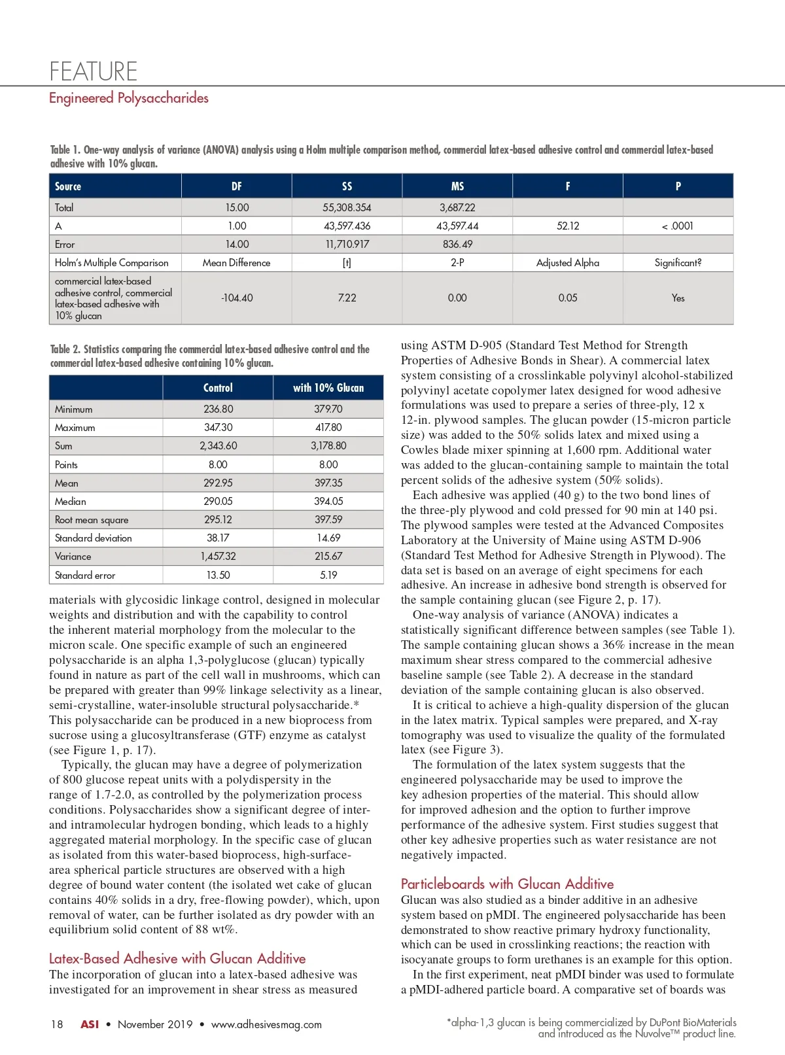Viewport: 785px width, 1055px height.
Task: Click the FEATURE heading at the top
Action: pyautogui.click(x=94, y=71)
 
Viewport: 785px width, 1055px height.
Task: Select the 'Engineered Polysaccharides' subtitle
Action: pyautogui.click(x=129, y=98)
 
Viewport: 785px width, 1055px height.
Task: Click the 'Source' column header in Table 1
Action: pyautogui.click(x=68, y=186)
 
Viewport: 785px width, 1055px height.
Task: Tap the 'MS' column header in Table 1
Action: pyautogui.click(x=457, y=186)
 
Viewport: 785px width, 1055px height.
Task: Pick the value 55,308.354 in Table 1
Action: pyautogui.click(x=347, y=207)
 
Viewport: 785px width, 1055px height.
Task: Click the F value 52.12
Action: pyautogui.click(x=568, y=226)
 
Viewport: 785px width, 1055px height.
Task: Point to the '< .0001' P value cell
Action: pyautogui.click(x=678, y=226)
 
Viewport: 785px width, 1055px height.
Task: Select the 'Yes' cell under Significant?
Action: pyautogui.click(x=678, y=298)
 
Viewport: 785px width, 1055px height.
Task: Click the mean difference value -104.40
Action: pyautogui.click(x=237, y=298)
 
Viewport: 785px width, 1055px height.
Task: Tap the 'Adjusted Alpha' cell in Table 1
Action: pyautogui.click(x=568, y=262)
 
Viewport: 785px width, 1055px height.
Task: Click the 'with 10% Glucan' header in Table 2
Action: pyautogui.click(x=328, y=388)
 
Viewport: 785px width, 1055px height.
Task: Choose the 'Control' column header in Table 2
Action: pyautogui.click(x=218, y=388)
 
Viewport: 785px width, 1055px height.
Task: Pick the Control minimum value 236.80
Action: pyautogui.click(x=218, y=409)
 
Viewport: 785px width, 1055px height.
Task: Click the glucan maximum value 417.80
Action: pyautogui.click(x=328, y=427)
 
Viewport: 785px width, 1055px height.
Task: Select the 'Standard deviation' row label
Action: pyautogui.click(x=94, y=538)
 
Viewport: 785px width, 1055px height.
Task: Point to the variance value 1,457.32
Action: pyautogui.click(x=218, y=556)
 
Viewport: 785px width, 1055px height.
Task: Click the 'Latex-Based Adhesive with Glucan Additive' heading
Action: pyautogui.click(x=177, y=958)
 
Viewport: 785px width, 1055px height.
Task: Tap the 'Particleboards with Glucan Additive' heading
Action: pyautogui.click(x=507, y=884)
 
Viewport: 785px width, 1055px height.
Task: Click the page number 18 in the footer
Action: pyautogui.click(x=57, y=1024)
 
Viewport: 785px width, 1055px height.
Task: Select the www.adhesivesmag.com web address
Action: pyautogui.click(x=266, y=1024)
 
